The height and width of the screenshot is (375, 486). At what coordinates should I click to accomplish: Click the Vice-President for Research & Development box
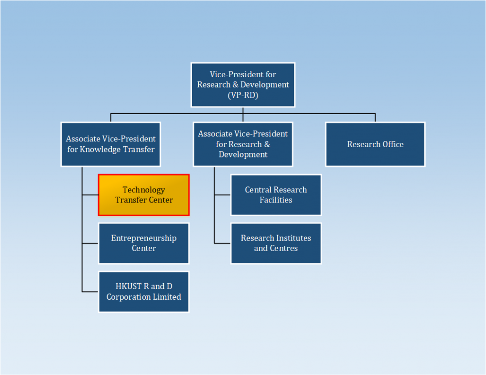[243, 85]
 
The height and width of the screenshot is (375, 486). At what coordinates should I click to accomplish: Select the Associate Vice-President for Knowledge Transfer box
[111, 144]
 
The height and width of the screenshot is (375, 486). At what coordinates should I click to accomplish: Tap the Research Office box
[375, 144]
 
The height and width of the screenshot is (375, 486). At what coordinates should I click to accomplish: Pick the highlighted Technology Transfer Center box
[144, 195]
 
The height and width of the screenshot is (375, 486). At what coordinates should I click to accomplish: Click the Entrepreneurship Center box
[144, 243]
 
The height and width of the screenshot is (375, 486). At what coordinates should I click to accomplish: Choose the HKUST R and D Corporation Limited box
[144, 291]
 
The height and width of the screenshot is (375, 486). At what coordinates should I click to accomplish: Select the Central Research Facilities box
[276, 195]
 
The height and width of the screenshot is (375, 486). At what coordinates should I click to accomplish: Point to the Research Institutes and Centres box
[276, 243]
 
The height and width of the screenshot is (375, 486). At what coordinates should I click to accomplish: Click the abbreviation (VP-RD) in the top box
[243, 95]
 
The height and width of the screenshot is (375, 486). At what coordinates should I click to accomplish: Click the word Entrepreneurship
[144, 238]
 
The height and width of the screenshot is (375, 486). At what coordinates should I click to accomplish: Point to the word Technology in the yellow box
[144, 190]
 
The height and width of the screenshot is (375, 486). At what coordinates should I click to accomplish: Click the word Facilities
[276, 200]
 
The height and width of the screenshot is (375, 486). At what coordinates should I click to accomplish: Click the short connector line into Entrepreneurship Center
[90, 243]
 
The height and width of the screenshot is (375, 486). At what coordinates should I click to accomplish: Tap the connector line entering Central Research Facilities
[223, 195]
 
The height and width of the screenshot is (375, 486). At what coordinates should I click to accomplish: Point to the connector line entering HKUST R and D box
[90, 291]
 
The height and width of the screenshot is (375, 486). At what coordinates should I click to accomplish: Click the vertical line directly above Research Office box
[375, 118]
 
